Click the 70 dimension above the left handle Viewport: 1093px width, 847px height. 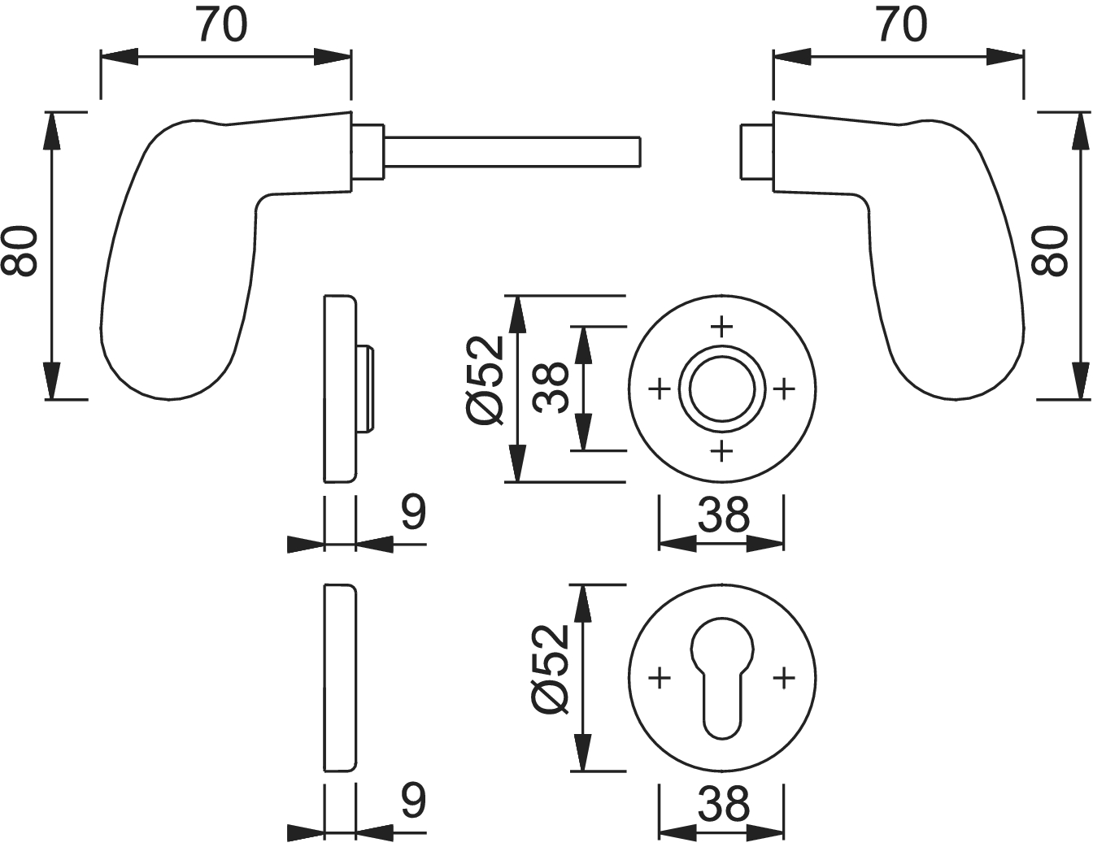click(223, 25)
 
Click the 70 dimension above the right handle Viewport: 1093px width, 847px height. click(902, 25)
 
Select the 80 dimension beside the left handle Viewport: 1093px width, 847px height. click(20, 251)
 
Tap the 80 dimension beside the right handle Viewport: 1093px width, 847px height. click(1050, 251)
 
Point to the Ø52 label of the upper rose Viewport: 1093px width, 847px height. click(486, 380)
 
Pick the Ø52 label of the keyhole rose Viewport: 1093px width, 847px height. click(550, 670)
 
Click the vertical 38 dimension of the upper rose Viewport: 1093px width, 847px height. click(551, 387)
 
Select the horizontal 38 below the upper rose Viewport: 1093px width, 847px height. click(723, 515)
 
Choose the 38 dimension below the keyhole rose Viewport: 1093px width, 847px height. click(723, 804)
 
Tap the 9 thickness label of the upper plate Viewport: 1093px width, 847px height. click(414, 512)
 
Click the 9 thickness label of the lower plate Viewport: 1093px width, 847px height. click(414, 800)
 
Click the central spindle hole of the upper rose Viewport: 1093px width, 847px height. click(722, 389)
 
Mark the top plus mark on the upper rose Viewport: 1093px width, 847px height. click(722, 326)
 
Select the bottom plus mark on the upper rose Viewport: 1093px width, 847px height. click(722, 451)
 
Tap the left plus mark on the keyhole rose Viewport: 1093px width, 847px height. click(660, 678)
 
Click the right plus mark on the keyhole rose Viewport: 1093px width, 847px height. click(784, 678)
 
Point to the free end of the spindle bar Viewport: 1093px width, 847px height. click(640, 151)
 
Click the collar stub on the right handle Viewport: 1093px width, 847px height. click(756, 151)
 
